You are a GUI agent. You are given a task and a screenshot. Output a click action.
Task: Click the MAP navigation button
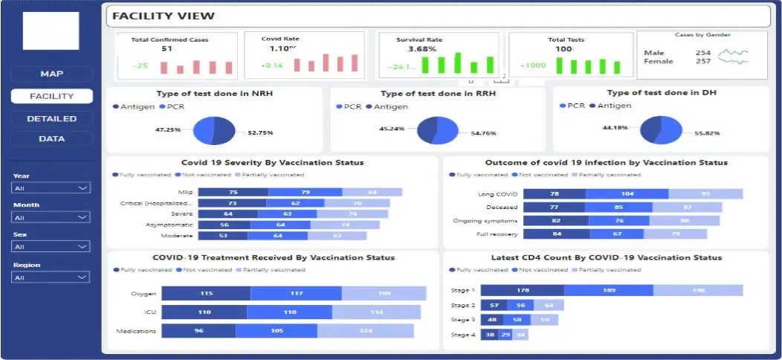coord(51,74)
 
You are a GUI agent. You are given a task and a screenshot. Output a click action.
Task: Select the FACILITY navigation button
coord(51,96)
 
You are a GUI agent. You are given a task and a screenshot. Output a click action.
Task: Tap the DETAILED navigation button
coord(51,118)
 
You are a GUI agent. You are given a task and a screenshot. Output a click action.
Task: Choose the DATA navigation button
coord(51,138)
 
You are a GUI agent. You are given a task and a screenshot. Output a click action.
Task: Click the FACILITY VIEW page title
coord(164,16)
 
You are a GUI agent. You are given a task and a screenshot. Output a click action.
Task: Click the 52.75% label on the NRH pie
coord(261,132)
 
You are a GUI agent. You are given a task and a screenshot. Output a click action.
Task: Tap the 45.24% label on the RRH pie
coord(392,128)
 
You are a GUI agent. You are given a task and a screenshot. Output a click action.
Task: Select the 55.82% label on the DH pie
coord(707,132)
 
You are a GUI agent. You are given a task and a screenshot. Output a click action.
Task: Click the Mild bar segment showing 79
coord(305,191)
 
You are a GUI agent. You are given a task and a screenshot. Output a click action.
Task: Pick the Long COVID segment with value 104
coord(627,193)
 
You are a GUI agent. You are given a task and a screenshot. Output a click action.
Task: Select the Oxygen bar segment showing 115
coord(206,293)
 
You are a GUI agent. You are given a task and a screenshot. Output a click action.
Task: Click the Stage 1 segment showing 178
coord(522,290)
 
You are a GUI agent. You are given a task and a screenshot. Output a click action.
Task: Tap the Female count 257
coord(703,61)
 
